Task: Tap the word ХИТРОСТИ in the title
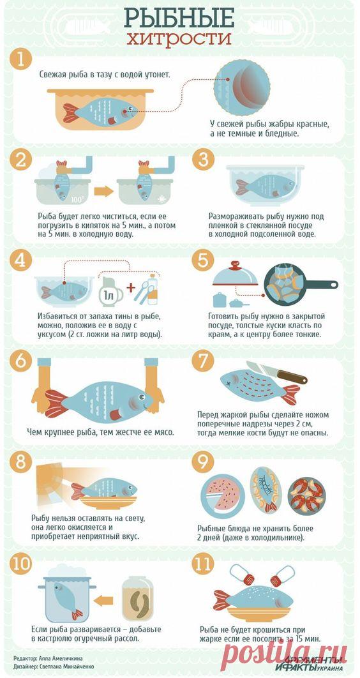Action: [179, 39]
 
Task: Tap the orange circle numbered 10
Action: [21, 564]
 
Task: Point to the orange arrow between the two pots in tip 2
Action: [102, 190]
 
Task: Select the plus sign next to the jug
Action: [131, 287]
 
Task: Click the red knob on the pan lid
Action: [235, 264]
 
